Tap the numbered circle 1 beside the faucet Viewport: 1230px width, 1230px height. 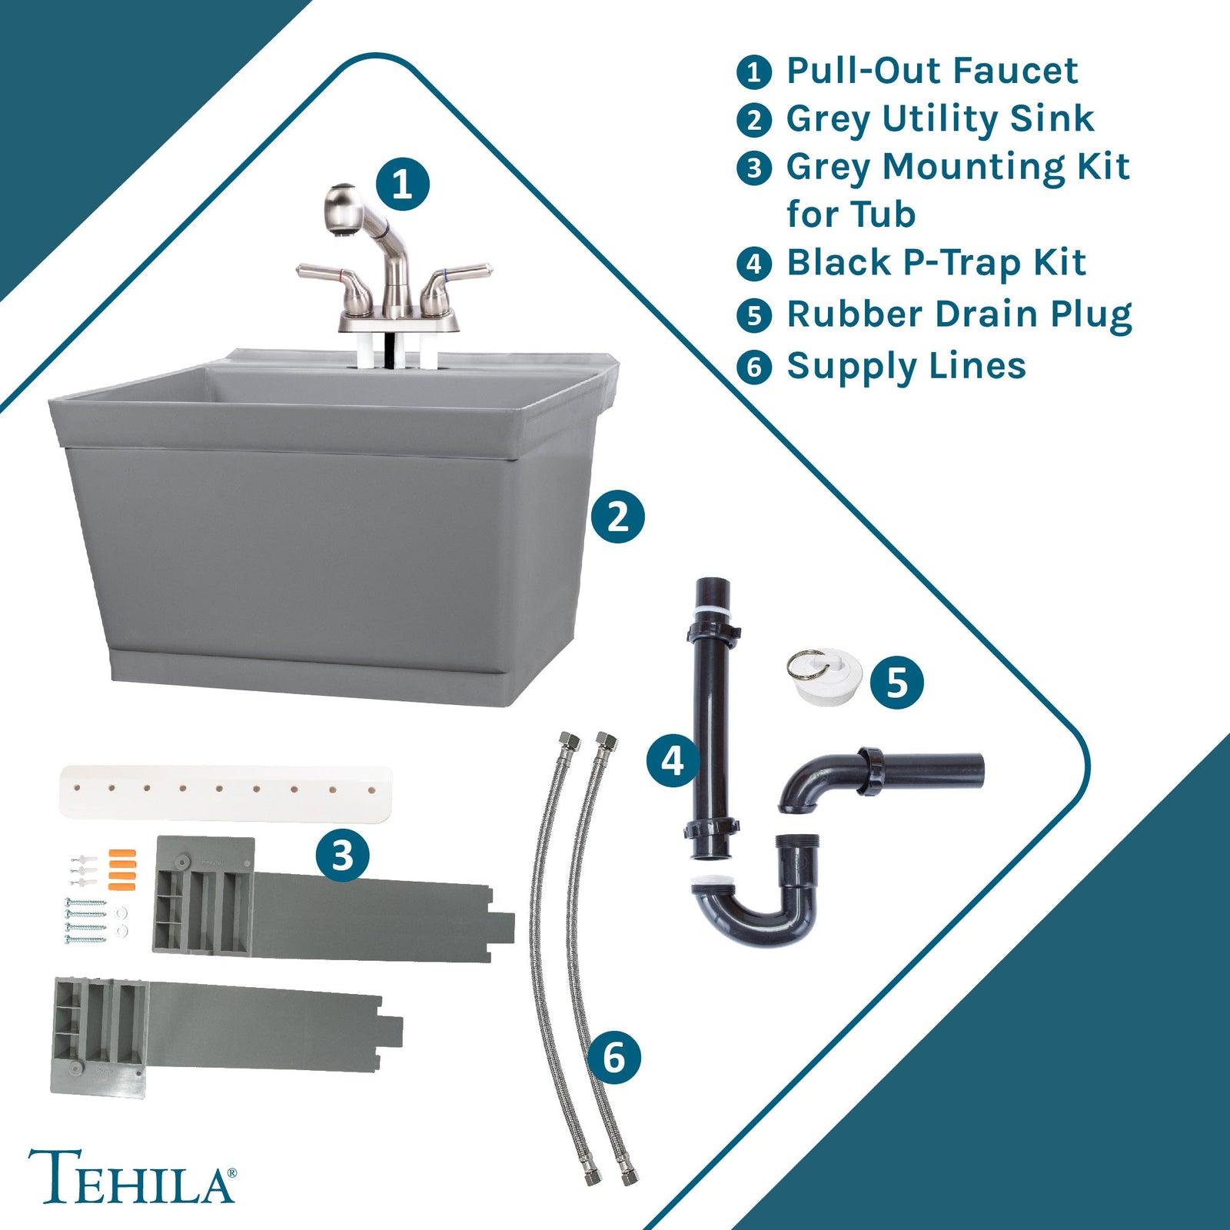tap(402, 184)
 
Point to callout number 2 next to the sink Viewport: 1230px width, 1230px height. tap(617, 517)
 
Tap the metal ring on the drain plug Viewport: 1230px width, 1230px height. tap(806, 663)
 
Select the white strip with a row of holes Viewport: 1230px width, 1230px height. tap(225, 791)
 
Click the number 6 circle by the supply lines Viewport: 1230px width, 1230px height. tap(613, 1059)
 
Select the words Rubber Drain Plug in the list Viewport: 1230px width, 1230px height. tap(959, 314)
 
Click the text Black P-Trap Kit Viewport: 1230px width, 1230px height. tap(936, 263)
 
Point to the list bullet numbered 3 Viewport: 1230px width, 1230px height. tap(753, 168)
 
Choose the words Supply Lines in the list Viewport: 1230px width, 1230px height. tap(906, 366)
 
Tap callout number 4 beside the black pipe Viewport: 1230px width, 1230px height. tap(673, 761)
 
